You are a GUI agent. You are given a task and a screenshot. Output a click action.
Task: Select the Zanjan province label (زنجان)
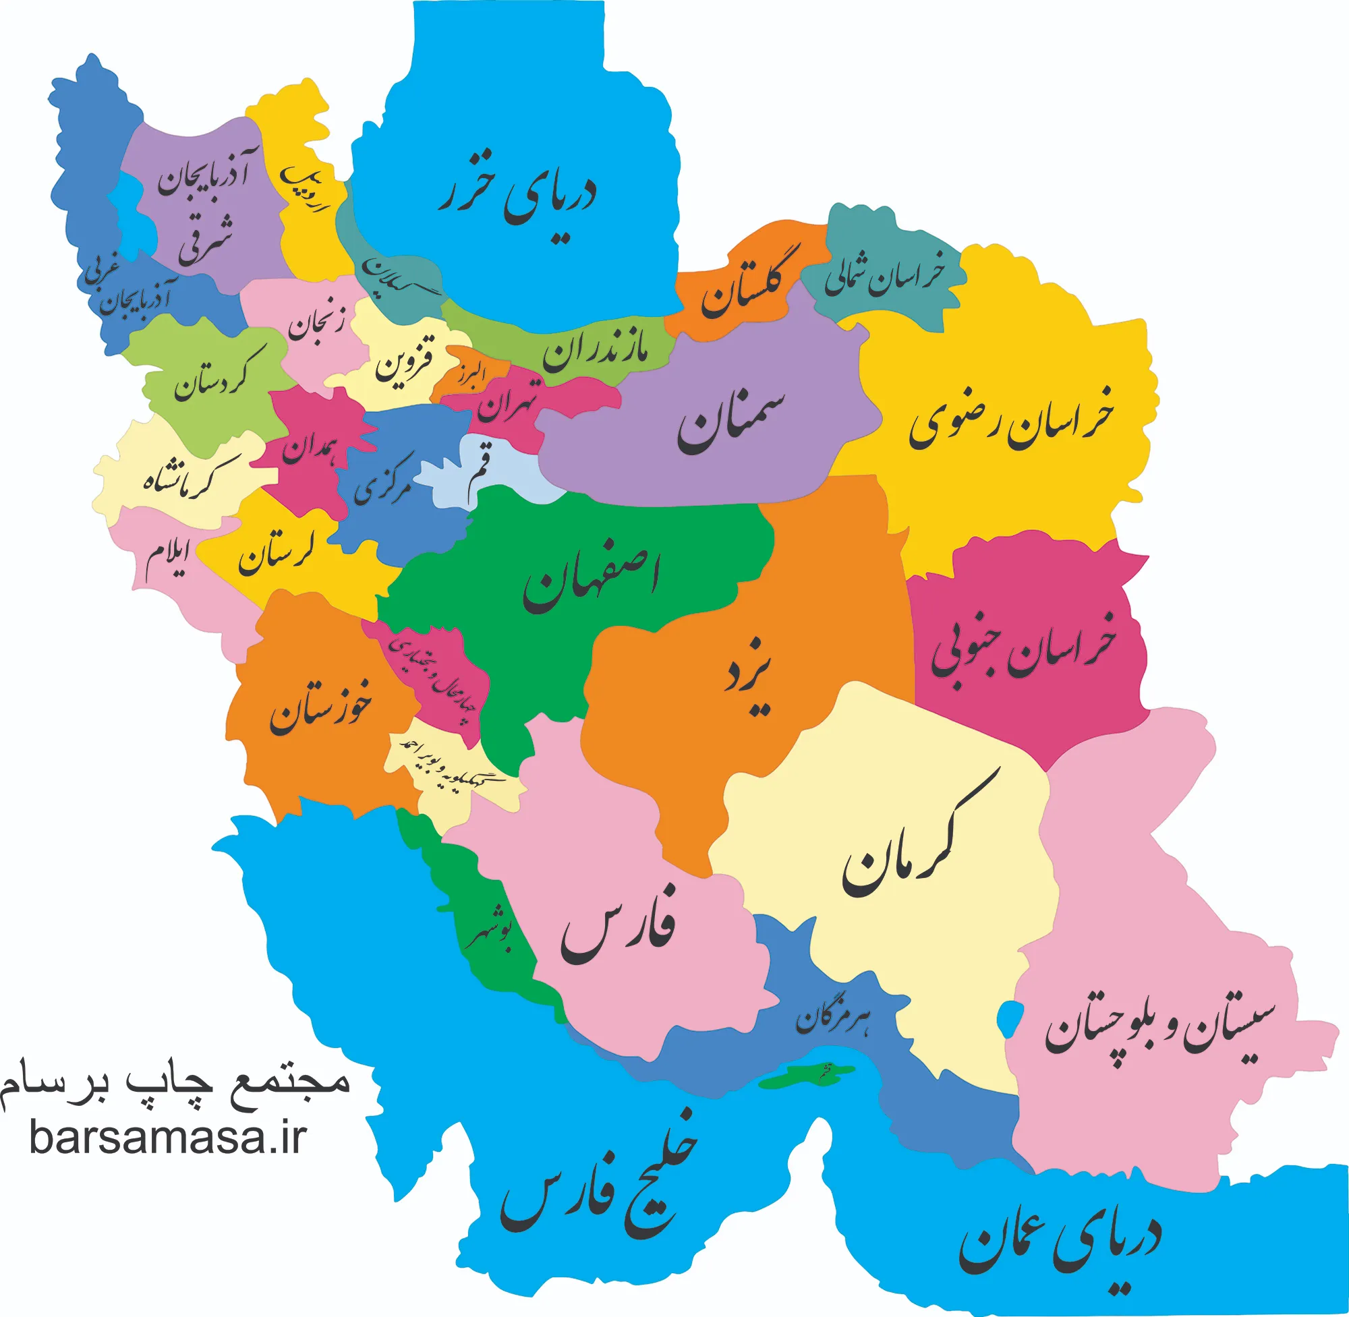tap(315, 322)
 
